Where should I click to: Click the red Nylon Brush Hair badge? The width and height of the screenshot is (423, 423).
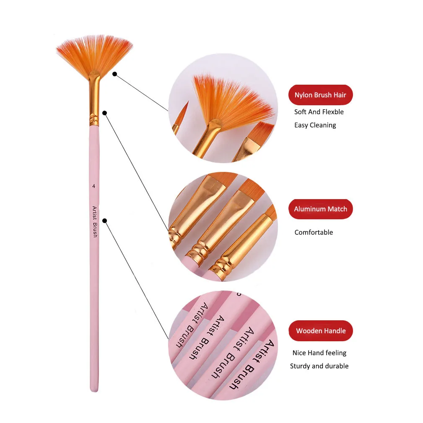(320, 95)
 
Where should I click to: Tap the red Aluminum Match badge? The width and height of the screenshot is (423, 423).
(320, 209)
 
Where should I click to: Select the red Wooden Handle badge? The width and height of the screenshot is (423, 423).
(320, 331)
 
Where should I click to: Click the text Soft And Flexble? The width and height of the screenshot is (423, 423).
(319, 112)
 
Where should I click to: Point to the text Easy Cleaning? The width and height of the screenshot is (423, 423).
(315, 125)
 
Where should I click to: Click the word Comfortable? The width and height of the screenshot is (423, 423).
(314, 232)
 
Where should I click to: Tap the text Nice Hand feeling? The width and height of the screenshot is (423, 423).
(319, 353)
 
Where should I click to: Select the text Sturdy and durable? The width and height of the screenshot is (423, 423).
(319, 366)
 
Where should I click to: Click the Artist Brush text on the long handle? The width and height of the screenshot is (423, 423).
(94, 222)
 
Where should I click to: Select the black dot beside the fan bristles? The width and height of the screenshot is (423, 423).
(114, 74)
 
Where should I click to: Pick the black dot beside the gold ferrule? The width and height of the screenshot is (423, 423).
(105, 113)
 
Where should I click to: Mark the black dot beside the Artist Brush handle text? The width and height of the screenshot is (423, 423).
(105, 221)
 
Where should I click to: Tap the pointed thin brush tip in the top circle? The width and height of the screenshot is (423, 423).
(183, 111)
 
